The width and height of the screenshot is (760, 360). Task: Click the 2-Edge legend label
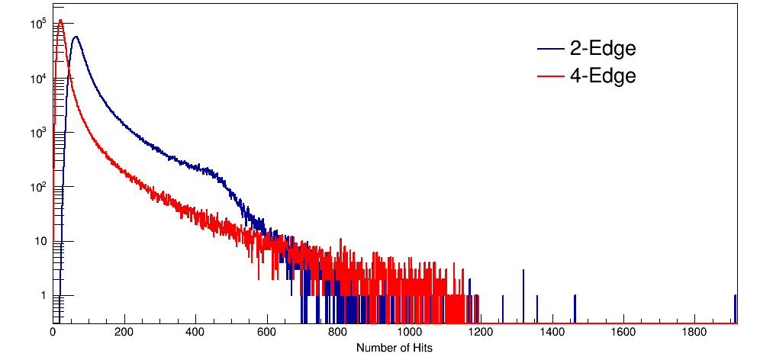(x=603, y=49)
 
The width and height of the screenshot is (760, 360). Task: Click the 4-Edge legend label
(x=603, y=76)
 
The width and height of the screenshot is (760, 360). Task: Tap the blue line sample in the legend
(x=550, y=50)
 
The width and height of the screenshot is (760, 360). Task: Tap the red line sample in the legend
(x=550, y=76)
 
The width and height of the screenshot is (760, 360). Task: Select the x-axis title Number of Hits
(x=394, y=348)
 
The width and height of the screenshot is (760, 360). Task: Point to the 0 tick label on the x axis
(x=53, y=332)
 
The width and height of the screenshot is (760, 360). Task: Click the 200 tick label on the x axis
(x=124, y=332)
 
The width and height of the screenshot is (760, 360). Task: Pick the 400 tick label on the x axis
(x=195, y=332)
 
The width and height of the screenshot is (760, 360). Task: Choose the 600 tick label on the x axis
(x=267, y=332)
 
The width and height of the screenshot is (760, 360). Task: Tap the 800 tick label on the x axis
(x=338, y=332)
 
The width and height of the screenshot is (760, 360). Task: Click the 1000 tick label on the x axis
(x=410, y=332)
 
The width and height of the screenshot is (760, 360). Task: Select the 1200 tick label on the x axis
(x=481, y=332)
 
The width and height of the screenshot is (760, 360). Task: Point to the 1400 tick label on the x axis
(x=552, y=332)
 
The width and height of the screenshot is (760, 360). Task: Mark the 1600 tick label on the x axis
(x=623, y=332)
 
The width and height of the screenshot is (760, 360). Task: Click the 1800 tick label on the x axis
(x=695, y=332)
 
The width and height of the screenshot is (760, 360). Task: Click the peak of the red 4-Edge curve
(x=60, y=20)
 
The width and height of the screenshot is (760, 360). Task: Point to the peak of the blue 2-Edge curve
(x=75, y=36)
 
